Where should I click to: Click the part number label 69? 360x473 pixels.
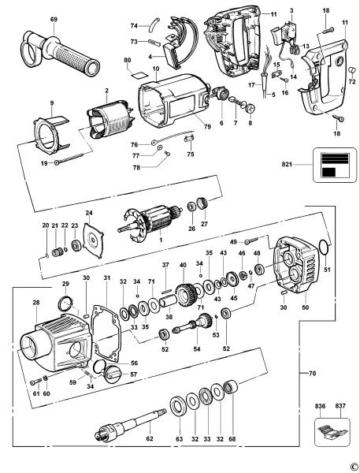pyautogui.click(x=54, y=19)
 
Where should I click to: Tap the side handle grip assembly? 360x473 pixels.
pyautogui.click(x=60, y=52)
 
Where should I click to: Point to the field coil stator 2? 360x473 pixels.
pyautogui.click(x=109, y=119)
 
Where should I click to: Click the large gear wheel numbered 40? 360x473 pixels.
pyautogui.click(x=186, y=295)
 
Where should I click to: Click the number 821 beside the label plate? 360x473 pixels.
pyautogui.click(x=287, y=165)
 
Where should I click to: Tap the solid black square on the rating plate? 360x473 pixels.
pyautogui.click(x=328, y=172)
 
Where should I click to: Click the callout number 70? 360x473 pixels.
pyautogui.click(x=313, y=374)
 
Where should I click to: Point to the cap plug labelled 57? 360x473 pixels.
pyautogui.click(x=111, y=374)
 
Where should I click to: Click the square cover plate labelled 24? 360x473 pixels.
pyautogui.click(x=93, y=240)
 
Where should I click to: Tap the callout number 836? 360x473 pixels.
pyautogui.click(x=320, y=406)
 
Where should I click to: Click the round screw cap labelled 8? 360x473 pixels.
pyautogui.click(x=251, y=108)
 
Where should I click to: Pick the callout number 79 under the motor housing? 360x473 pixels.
pyautogui.click(x=207, y=127)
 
